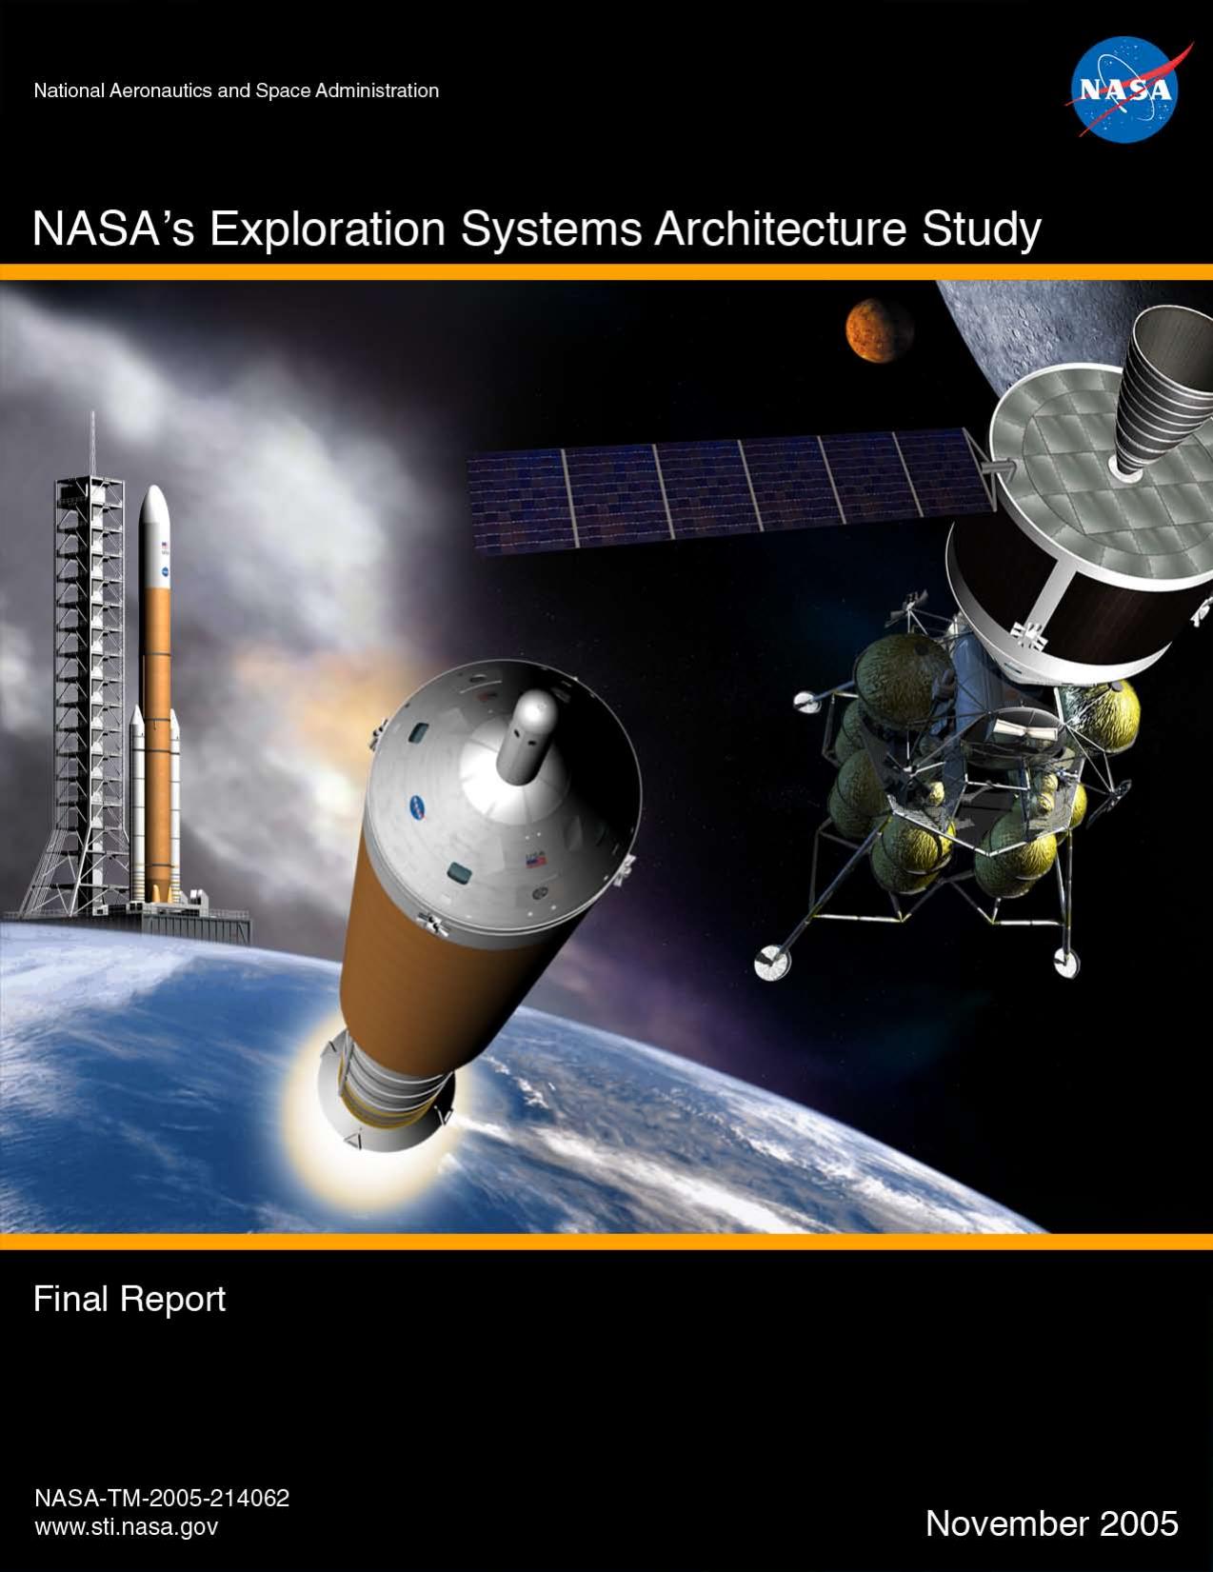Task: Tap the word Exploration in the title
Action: (x=327, y=230)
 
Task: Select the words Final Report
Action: (x=129, y=1299)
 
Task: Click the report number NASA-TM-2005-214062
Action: (x=161, y=1498)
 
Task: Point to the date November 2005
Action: (x=1051, y=1523)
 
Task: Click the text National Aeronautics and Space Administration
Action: (x=235, y=91)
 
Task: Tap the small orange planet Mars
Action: (x=878, y=329)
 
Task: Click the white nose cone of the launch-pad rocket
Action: (x=154, y=514)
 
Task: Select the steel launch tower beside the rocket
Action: (x=90, y=667)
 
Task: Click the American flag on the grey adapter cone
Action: (x=535, y=860)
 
